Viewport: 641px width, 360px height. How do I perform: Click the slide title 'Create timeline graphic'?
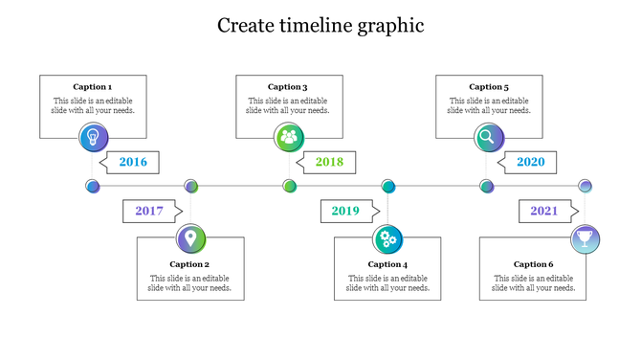(320, 26)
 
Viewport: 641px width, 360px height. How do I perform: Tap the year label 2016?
(133, 162)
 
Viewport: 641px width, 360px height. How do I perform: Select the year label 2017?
(149, 211)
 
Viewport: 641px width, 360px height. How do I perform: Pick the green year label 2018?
(329, 162)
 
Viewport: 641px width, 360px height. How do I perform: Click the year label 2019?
(346, 211)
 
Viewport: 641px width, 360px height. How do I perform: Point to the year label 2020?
(530, 162)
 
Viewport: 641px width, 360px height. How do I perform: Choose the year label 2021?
(543, 211)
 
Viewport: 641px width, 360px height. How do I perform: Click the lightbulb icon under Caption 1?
(94, 137)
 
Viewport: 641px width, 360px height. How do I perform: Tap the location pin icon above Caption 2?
(191, 237)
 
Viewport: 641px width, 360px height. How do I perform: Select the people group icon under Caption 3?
(290, 137)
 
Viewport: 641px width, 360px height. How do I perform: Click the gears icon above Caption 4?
(387, 237)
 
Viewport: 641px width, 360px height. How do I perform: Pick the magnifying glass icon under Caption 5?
(488, 137)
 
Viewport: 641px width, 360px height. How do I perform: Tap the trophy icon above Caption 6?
(586, 237)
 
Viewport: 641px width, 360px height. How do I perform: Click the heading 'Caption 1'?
(93, 87)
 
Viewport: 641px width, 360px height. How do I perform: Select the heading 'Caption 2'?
(189, 264)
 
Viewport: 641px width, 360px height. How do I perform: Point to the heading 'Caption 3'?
(288, 87)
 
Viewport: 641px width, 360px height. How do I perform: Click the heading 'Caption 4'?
(387, 264)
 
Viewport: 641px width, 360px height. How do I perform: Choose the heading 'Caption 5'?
(489, 87)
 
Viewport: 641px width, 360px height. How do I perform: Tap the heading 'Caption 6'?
(533, 264)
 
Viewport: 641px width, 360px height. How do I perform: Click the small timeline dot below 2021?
(586, 186)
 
